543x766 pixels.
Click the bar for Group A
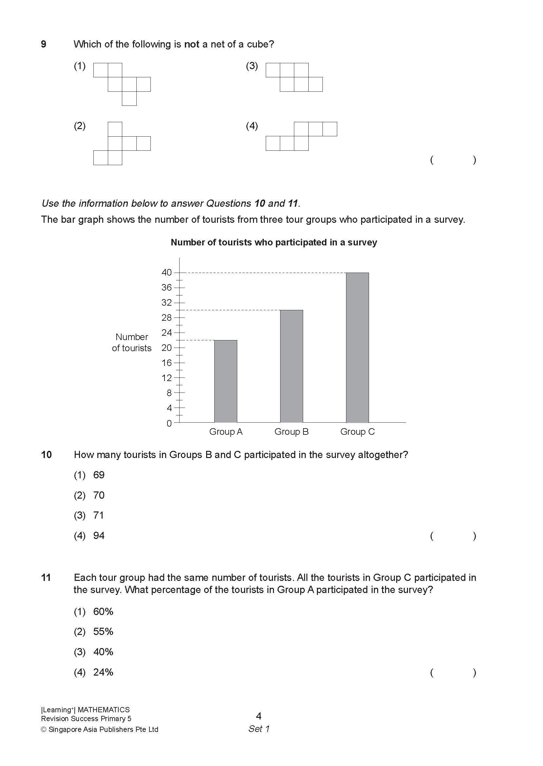coord(225,381)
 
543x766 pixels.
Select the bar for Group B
coord(291,366)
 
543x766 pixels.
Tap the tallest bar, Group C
coord(357,348)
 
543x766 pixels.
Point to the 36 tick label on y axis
coord(166,287)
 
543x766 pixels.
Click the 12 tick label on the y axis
coord(166,378)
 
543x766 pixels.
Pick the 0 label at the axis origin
coord(169,423)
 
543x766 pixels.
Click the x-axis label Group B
coord(291,432)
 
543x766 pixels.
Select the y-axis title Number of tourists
coord(132,343)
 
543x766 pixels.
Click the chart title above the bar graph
coord(274,242)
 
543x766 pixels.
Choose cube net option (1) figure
coord(122,84)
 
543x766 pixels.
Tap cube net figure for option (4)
coord(301,136)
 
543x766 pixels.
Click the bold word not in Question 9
coord(192,44)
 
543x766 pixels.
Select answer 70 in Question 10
coord(99,495)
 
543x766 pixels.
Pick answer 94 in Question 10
coord(99,536)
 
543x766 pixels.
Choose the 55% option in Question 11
coord(103,632)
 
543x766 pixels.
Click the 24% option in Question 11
coord(103,672)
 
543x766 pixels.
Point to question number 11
coord(46,578)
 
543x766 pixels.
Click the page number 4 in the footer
coord(259,716)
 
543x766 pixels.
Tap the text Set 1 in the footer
coord(259,729)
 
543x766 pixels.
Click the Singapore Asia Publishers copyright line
coord(100,730)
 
